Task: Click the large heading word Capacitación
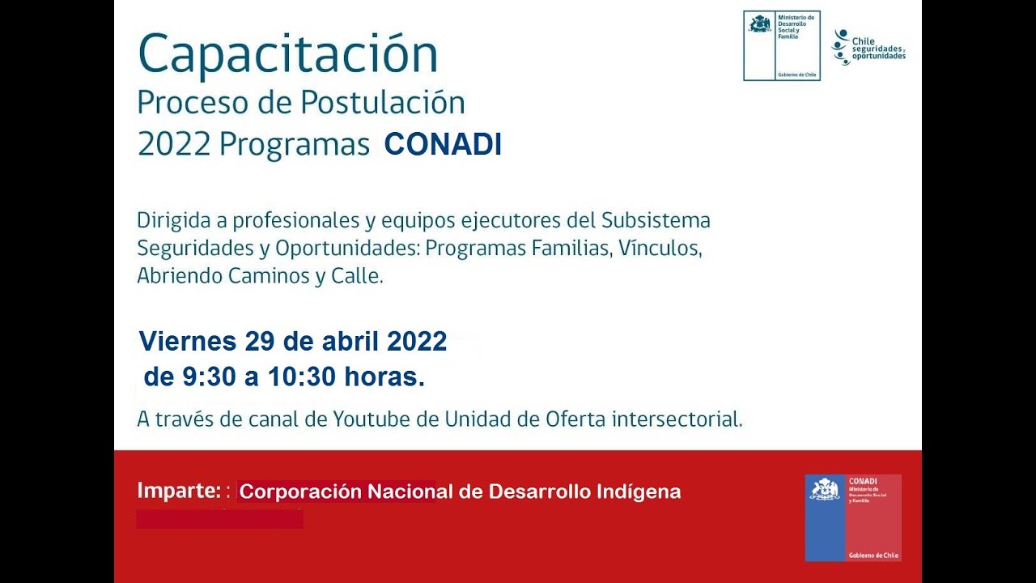pyautogui.click(x=287, y=55)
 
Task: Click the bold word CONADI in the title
pyautogui.click(x=443, y=144)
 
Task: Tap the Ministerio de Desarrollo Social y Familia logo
pyautogui.click(x=781, y=45)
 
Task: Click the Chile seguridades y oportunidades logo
pyautogui.click(x=868, y=47)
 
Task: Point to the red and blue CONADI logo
pyautogui.click(x=852, y=517)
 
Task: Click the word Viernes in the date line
pyautogui.click(x=187, y=341)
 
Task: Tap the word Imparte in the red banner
pyautogui.click(x=178, y=491)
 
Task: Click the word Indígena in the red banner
pyautogui.click(x=639, y=492)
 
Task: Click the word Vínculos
pyautogui.click(x=660, y=248)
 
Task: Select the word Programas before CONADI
pyautogui.click(x=294, y=144)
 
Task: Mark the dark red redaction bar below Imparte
pyautogui.click(x=219, y=518)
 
